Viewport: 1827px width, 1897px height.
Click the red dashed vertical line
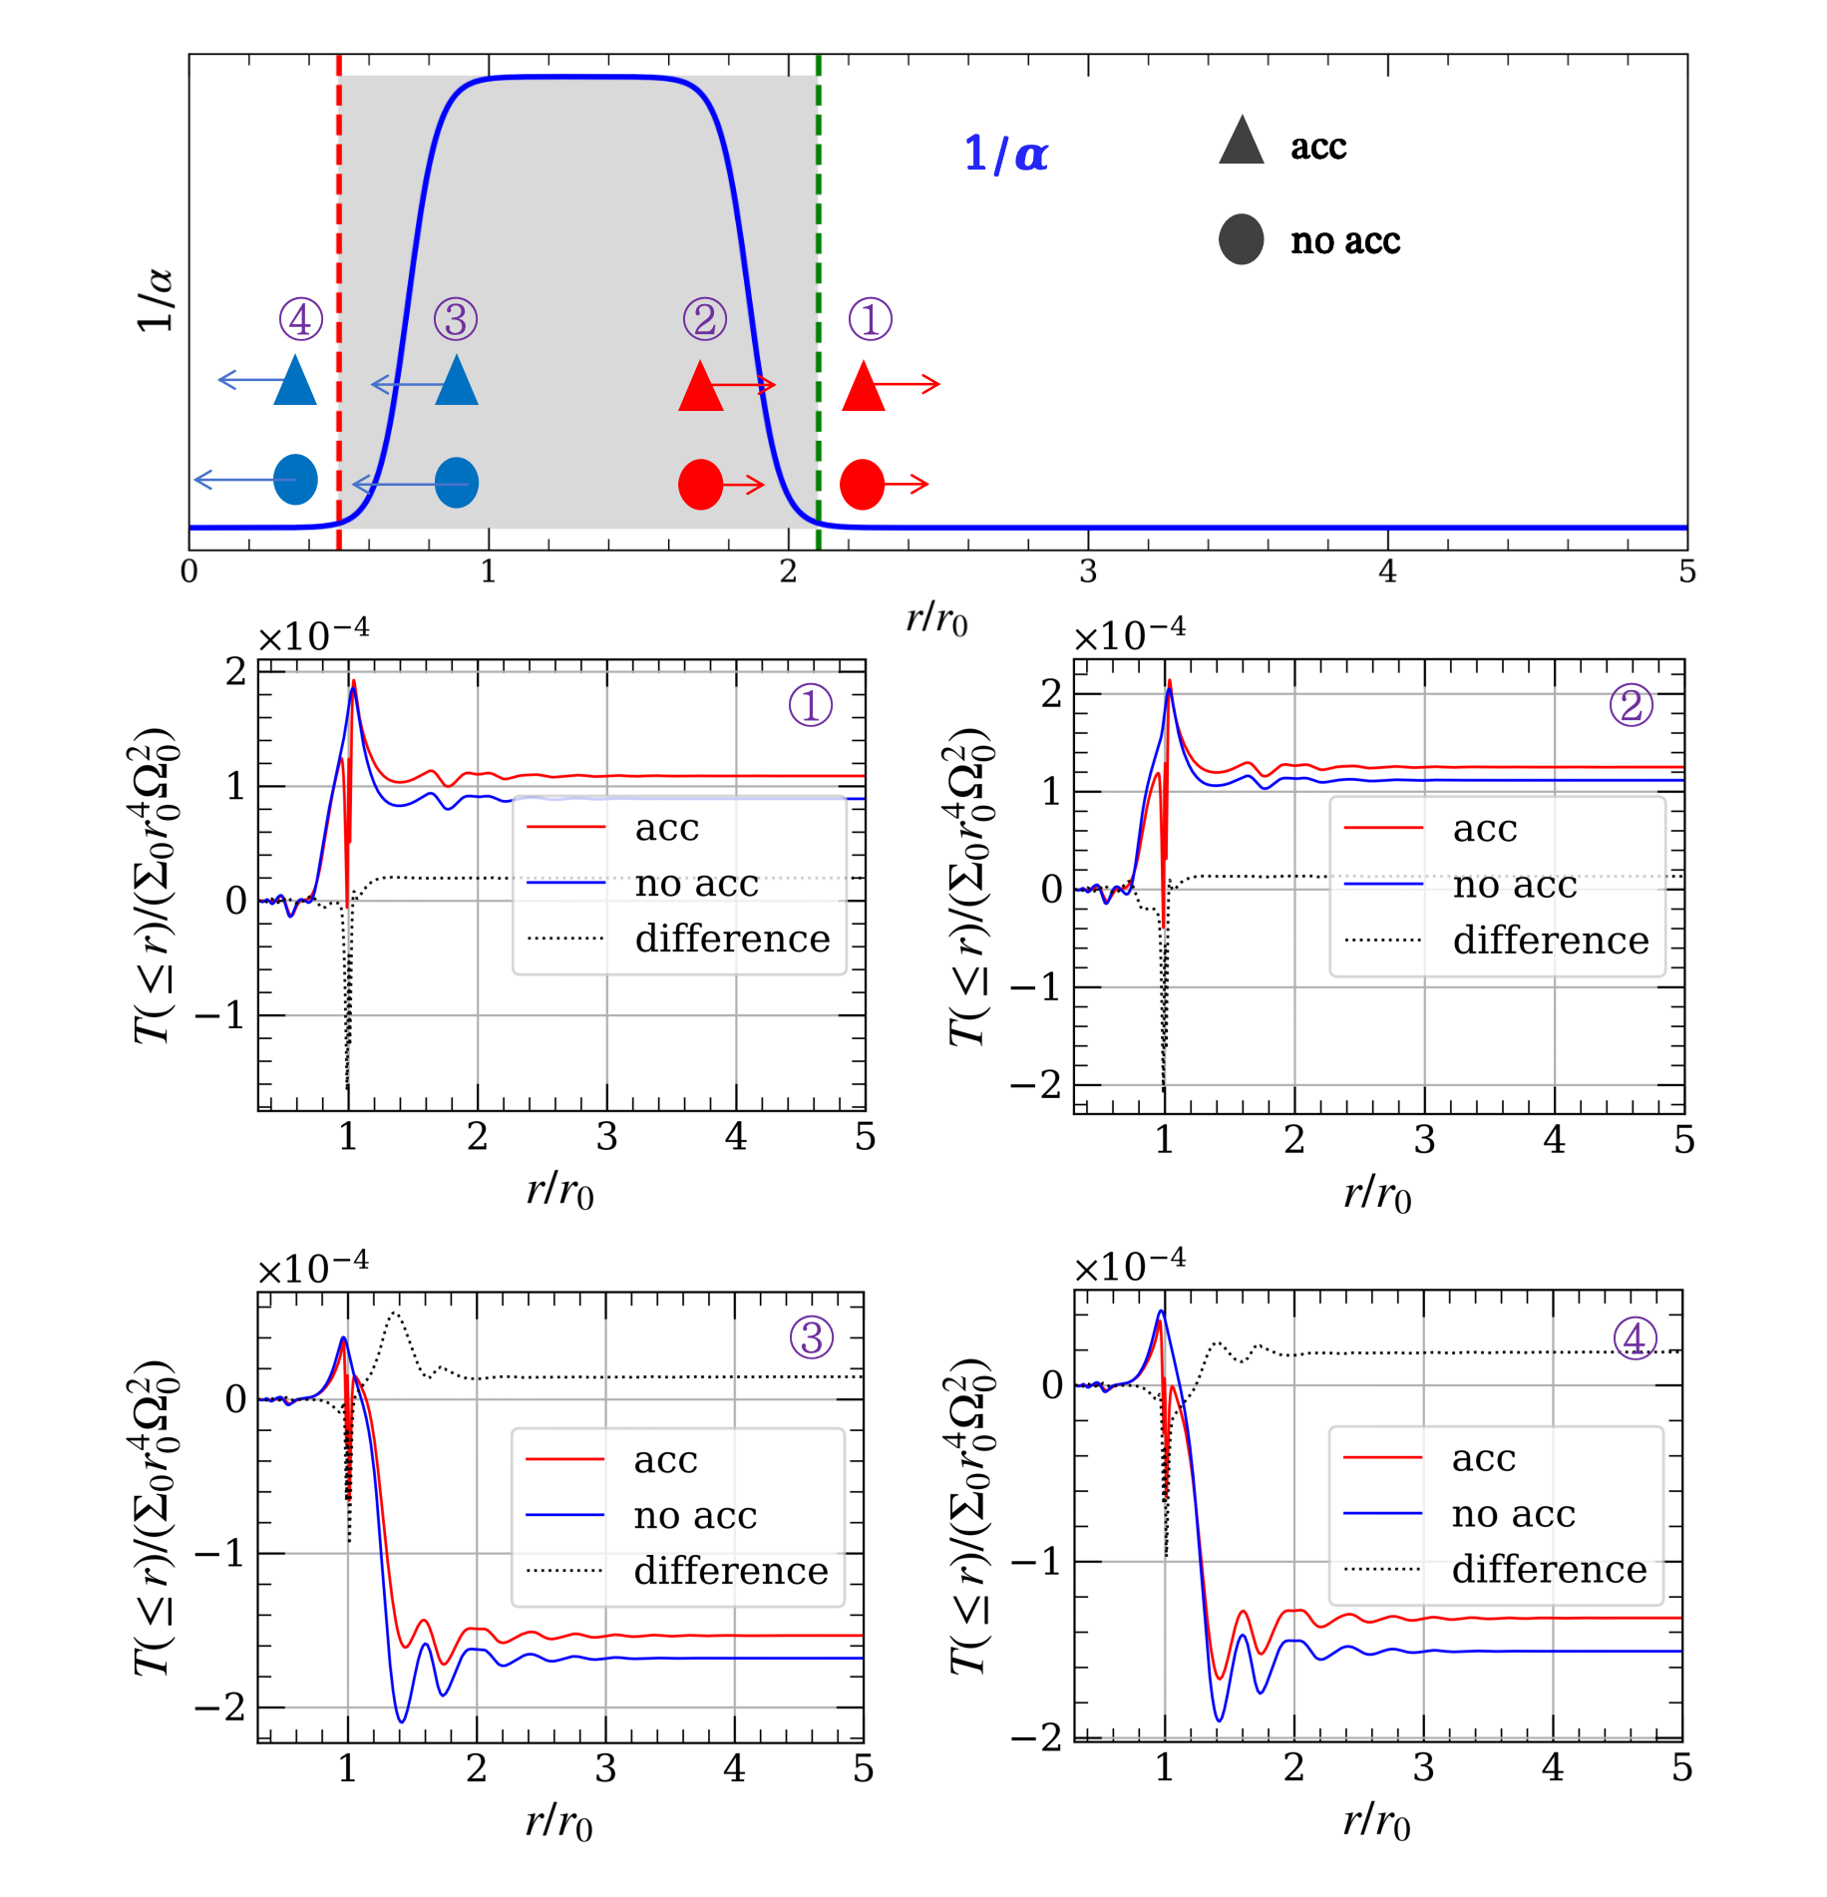[339, 249]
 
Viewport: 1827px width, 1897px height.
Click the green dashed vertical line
[818, 249]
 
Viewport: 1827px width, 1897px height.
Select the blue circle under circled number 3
[457, 483]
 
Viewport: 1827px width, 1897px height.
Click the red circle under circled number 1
[862, 485]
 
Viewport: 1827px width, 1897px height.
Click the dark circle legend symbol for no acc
[1241, 239]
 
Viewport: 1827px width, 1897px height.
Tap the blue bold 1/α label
[1005, 154]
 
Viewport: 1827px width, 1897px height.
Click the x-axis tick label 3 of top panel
[1087, 572]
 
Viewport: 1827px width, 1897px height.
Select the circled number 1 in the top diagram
[870, 319]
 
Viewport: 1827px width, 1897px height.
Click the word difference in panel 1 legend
[732, 939]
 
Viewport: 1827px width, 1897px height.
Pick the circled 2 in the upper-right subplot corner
[1631, 706]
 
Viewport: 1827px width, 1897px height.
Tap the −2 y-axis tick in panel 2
[1037, 1084]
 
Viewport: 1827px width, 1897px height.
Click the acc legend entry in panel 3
[665, 1460]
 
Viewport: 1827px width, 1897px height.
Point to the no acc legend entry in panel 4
[1513, 1514]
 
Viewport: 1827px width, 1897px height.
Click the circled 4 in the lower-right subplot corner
[1635, 1338]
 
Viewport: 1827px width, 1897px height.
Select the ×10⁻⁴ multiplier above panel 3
[312, 1268]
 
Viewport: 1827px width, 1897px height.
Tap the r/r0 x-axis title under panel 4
[1376, 1823]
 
